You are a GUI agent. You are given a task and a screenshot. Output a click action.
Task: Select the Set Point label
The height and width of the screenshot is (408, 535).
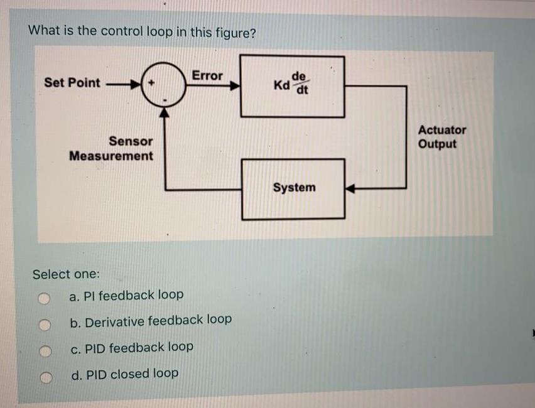click(72, 83)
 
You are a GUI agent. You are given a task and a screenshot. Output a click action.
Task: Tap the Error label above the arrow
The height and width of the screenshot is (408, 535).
click(207, 76)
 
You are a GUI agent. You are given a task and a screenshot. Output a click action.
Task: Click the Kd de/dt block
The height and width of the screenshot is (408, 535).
click(293, 86)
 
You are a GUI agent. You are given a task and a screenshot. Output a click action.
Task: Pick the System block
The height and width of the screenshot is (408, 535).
click(293, 188)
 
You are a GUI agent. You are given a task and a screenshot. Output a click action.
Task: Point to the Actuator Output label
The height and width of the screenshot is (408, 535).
click(442, 137)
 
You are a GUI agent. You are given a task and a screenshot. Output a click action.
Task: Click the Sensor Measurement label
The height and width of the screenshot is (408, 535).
click(112, 149)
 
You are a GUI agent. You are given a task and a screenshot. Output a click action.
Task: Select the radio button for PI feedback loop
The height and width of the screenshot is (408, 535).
click(43, 298)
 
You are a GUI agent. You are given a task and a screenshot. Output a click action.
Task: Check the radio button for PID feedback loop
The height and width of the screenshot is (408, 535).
click(43, 350)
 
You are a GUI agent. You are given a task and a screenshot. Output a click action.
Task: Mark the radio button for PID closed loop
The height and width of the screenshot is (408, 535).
click(43, 377)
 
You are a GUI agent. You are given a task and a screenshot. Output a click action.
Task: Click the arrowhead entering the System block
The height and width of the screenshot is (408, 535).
click(351, 188)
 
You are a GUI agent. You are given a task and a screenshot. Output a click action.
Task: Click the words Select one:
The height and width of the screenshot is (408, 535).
click(66, 274)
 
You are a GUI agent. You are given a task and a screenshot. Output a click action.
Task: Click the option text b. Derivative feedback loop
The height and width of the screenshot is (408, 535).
click(151, 321)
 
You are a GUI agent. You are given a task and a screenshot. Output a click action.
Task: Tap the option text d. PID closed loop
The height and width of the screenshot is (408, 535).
click(124, 374)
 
